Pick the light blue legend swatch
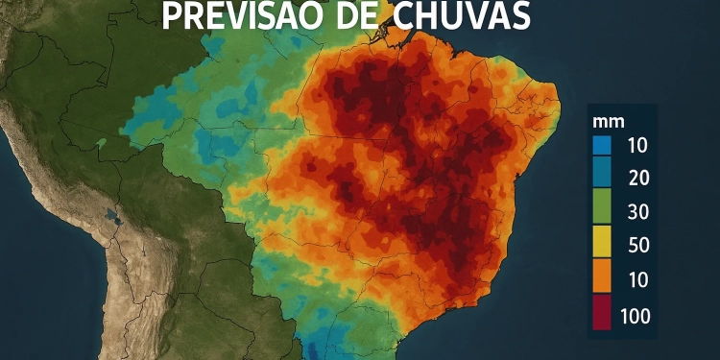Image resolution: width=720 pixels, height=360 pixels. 602,146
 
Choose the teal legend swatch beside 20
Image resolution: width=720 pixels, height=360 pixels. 602,177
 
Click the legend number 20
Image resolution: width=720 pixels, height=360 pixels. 637,177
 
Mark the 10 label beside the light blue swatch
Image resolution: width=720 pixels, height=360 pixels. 637,146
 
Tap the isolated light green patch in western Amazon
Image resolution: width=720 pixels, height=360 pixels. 100,143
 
